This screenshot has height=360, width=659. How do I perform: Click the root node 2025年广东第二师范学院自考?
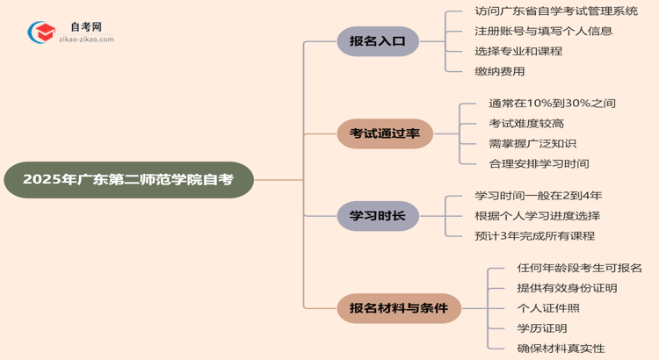128,179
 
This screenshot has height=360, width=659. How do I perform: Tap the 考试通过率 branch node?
385,133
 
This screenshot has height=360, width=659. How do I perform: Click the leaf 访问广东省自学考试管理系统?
555,12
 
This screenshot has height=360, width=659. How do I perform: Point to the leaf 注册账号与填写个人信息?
543,32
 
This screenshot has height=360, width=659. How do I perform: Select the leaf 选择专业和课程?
518,51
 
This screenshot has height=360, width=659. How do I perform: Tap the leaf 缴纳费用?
499,71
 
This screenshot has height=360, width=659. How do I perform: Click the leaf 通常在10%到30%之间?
551,103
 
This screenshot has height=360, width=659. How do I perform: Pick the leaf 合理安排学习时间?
538,163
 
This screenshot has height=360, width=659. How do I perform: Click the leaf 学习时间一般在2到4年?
538,195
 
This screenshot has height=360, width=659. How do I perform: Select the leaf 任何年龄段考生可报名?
579,268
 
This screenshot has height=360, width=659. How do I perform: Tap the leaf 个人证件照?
547,308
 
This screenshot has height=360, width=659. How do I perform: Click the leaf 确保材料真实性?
561,349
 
